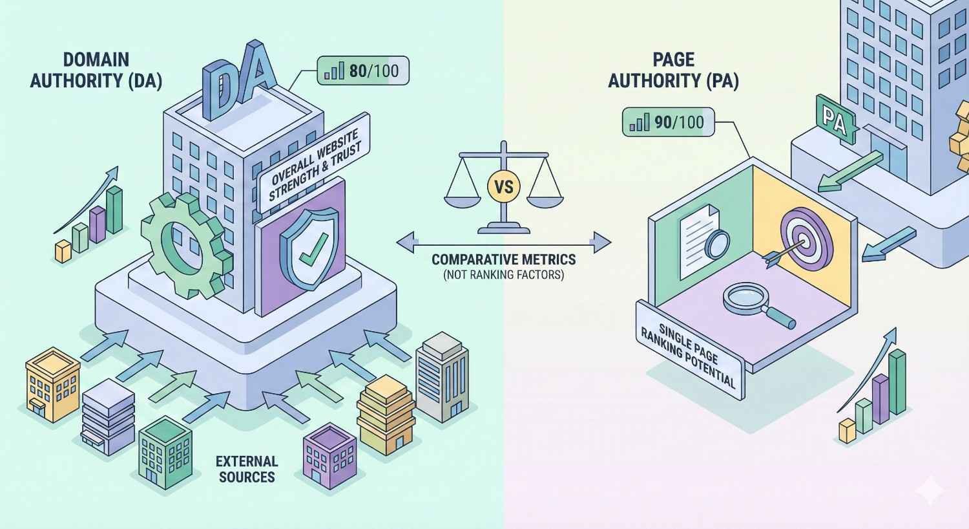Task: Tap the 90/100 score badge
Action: [x=668, y=122]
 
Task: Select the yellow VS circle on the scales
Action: [x=503, y=187]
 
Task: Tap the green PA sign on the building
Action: [x=835, y=120]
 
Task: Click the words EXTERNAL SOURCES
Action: [x=247, y=469]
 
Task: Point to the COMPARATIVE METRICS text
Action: [x=503, y=260]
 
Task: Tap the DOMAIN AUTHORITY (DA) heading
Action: [x=96, y=70]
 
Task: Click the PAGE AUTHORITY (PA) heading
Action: [x=674, y=70]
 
